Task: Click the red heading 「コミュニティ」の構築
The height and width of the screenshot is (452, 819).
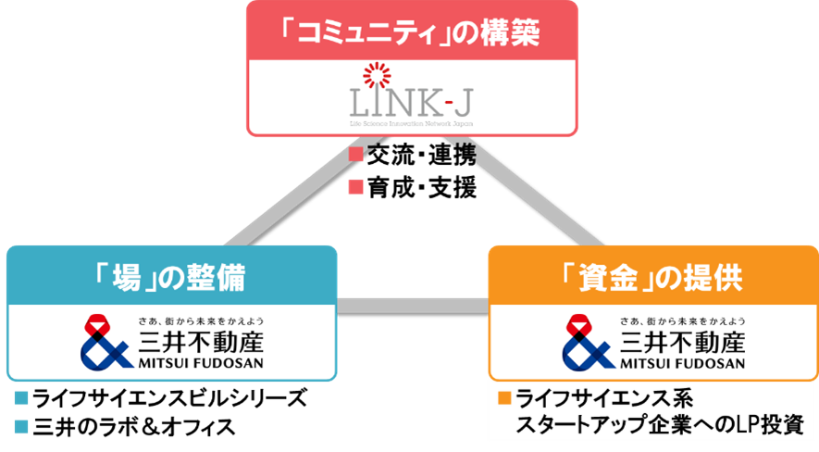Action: (412, 31)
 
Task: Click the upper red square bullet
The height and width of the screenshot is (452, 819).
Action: (355, 155)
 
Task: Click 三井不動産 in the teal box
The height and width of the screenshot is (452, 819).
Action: (199, 340)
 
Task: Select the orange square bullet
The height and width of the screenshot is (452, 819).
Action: (504, 399)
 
